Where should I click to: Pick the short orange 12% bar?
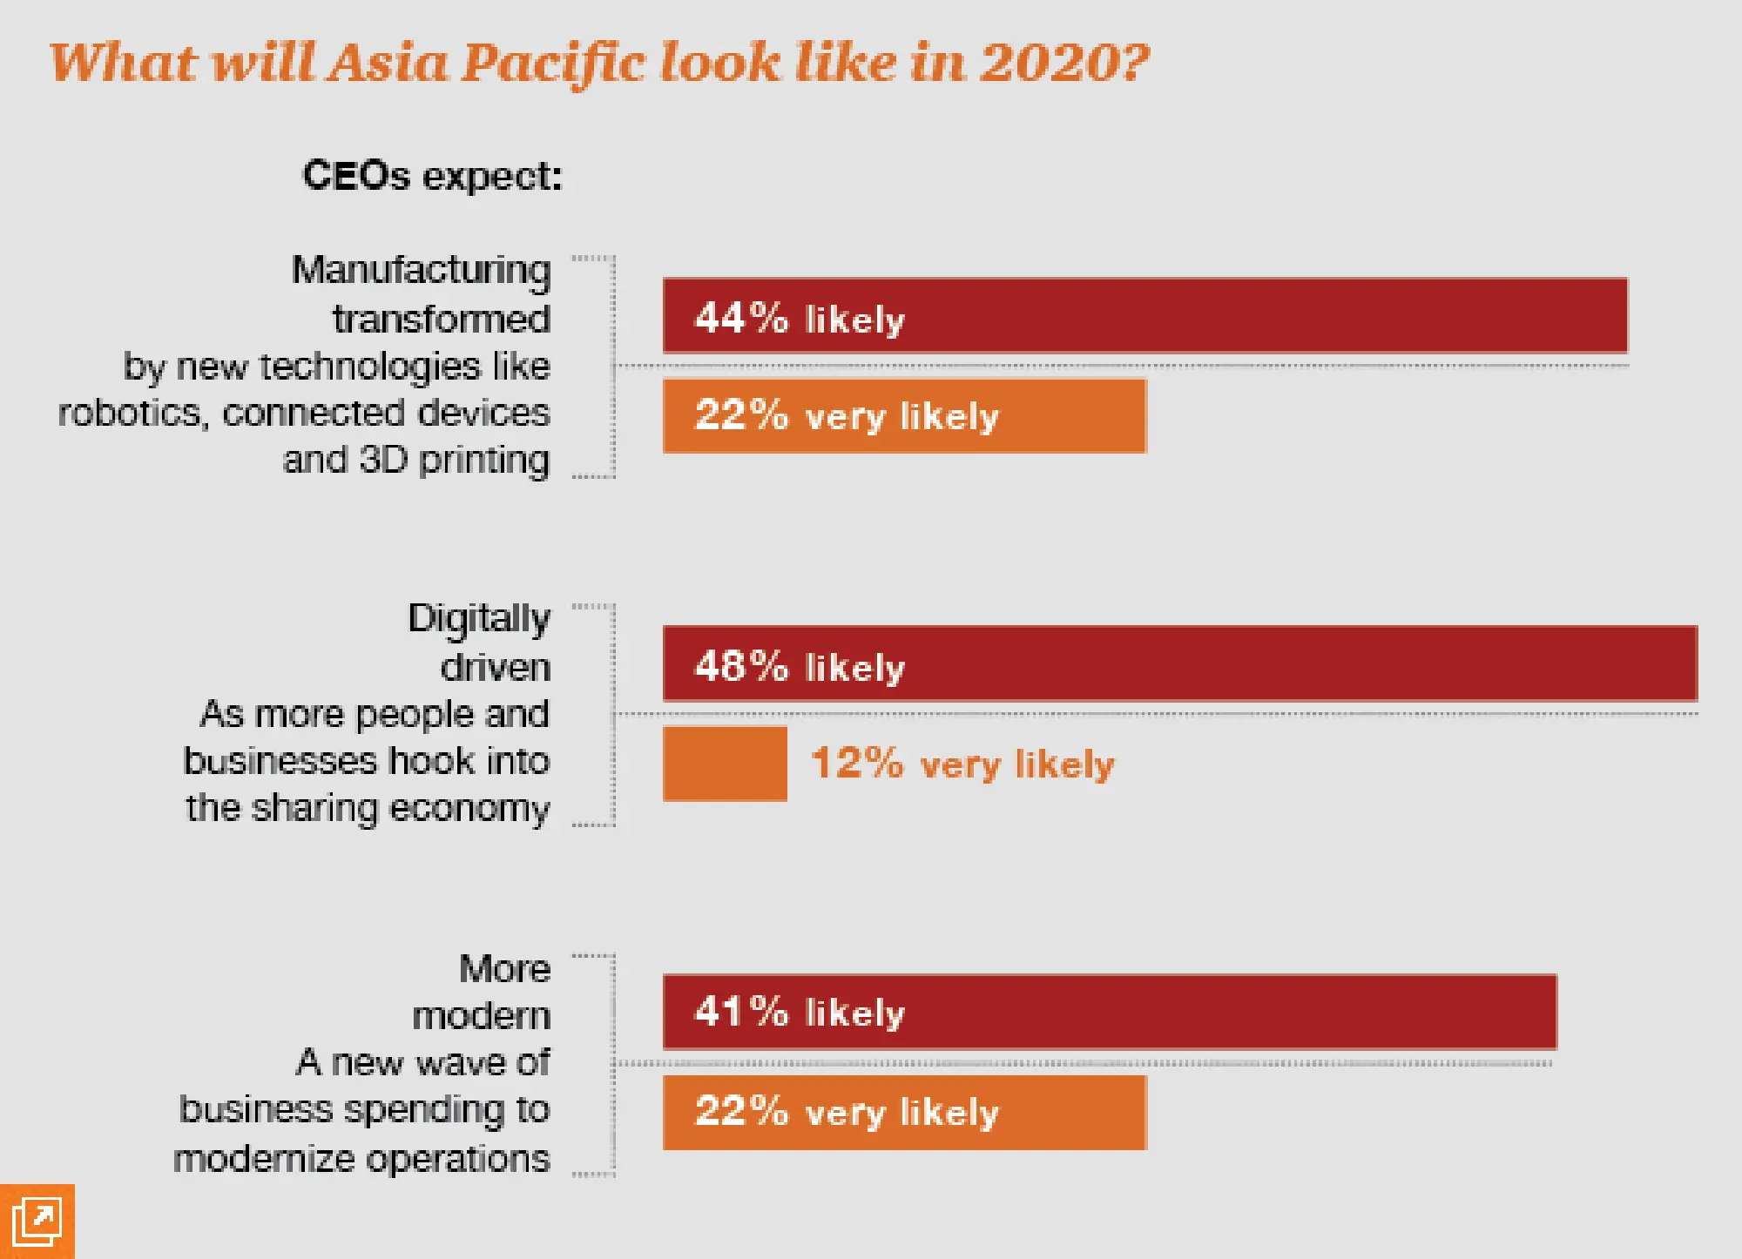(725, 764)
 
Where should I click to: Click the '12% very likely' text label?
(962, 764)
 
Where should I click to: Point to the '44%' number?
(741, 318)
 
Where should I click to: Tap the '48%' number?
(741, 666)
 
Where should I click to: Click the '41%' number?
(741, 1012)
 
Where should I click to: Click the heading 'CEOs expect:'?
(432, 176)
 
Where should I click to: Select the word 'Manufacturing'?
(422, 270)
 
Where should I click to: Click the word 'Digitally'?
(479, 619)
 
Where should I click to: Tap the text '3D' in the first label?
(383, 459)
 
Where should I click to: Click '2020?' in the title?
(1064, 63)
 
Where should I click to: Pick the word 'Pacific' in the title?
(554, 64)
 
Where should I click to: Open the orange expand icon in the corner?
(37, 1222)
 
